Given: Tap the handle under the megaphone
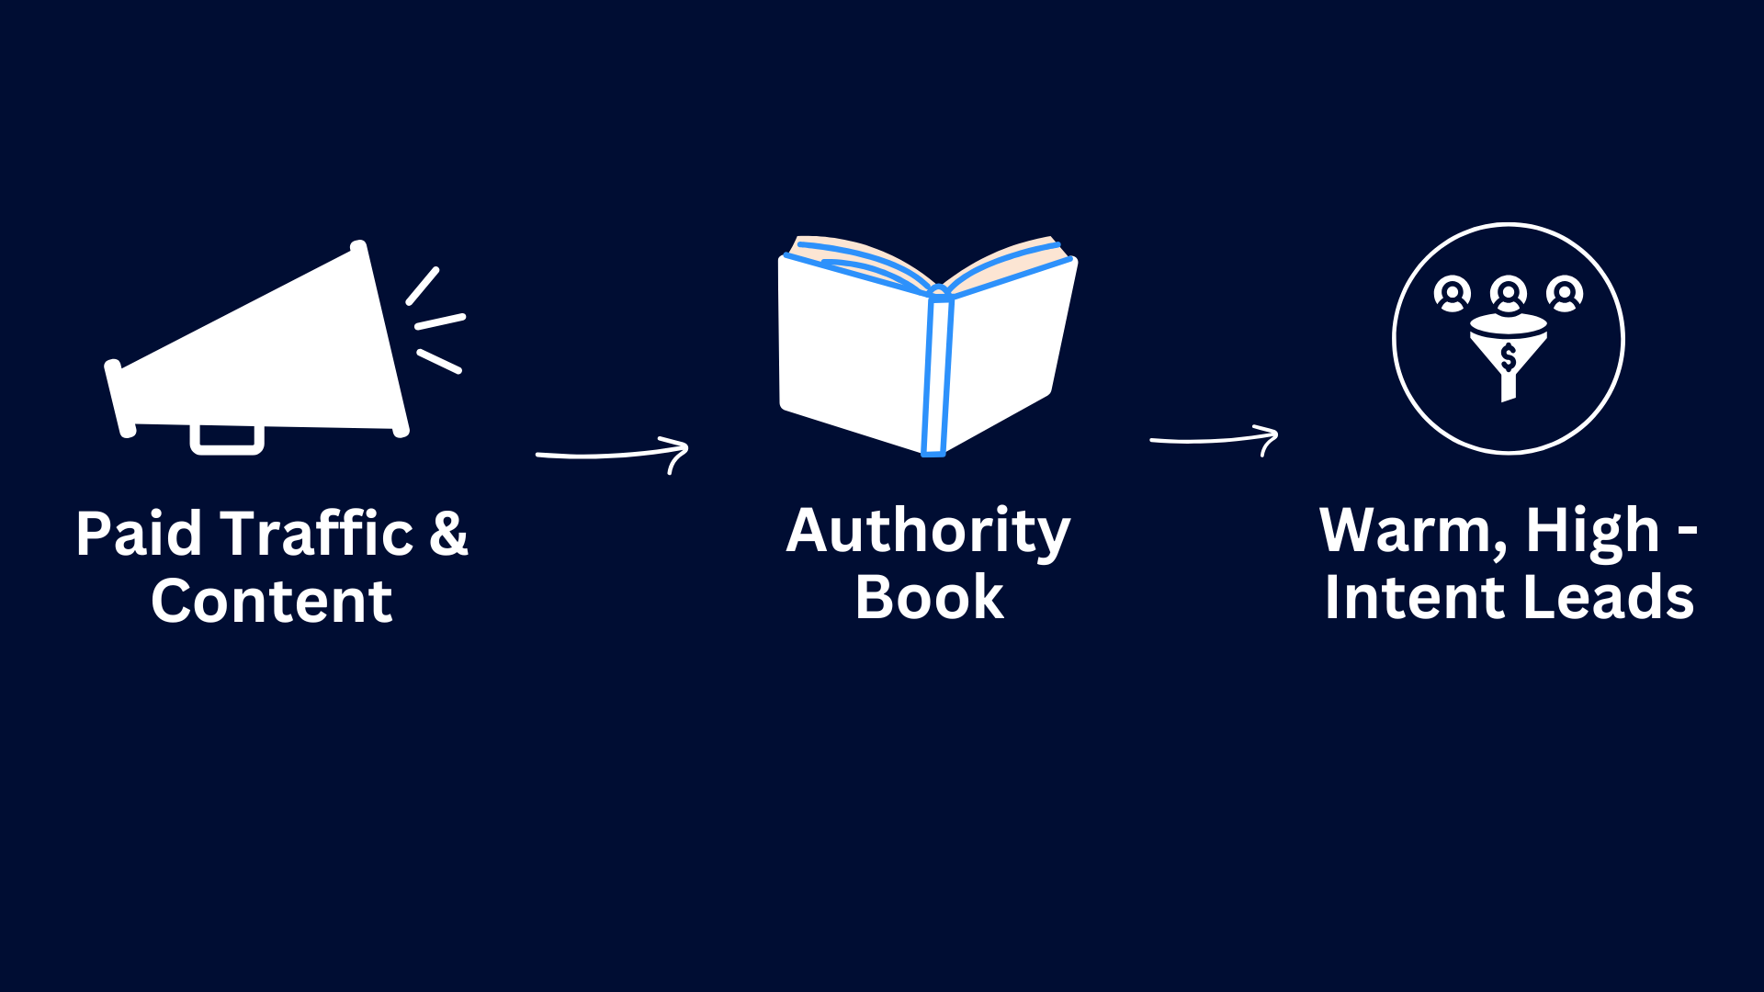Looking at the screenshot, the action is click(x=227, y=439).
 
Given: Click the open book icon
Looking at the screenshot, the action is click(x=928, y=345).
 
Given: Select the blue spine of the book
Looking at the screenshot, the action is click(x=937, y=371).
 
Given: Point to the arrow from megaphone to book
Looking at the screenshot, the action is click(x=613, y=454).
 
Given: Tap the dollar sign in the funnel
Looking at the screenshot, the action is click(x=1508, y=357).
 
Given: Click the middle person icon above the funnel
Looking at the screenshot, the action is click(x=1509, y=294).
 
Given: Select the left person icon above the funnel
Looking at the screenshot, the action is click(x=1453, y=294).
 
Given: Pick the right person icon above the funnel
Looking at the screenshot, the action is click(x=1565, y=294).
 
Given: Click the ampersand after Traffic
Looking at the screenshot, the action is click(x=449, y=534).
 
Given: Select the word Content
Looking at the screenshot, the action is click(x=272, y=602).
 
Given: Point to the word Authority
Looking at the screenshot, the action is click(x=929, y=533).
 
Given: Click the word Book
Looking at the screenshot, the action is click(x=930, y=598).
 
